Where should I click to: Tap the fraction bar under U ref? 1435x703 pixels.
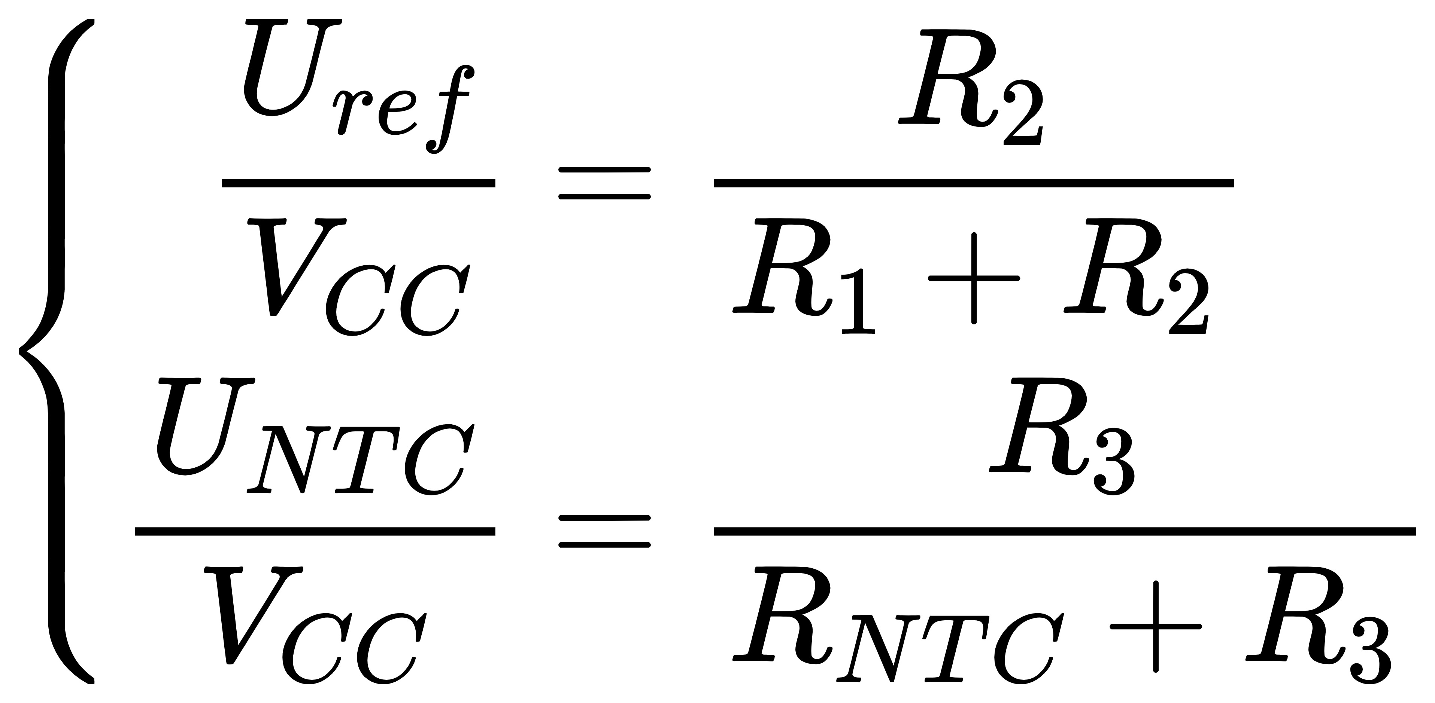(x=358, y=183)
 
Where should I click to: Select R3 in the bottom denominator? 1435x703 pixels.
(x=1318, y=626)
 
